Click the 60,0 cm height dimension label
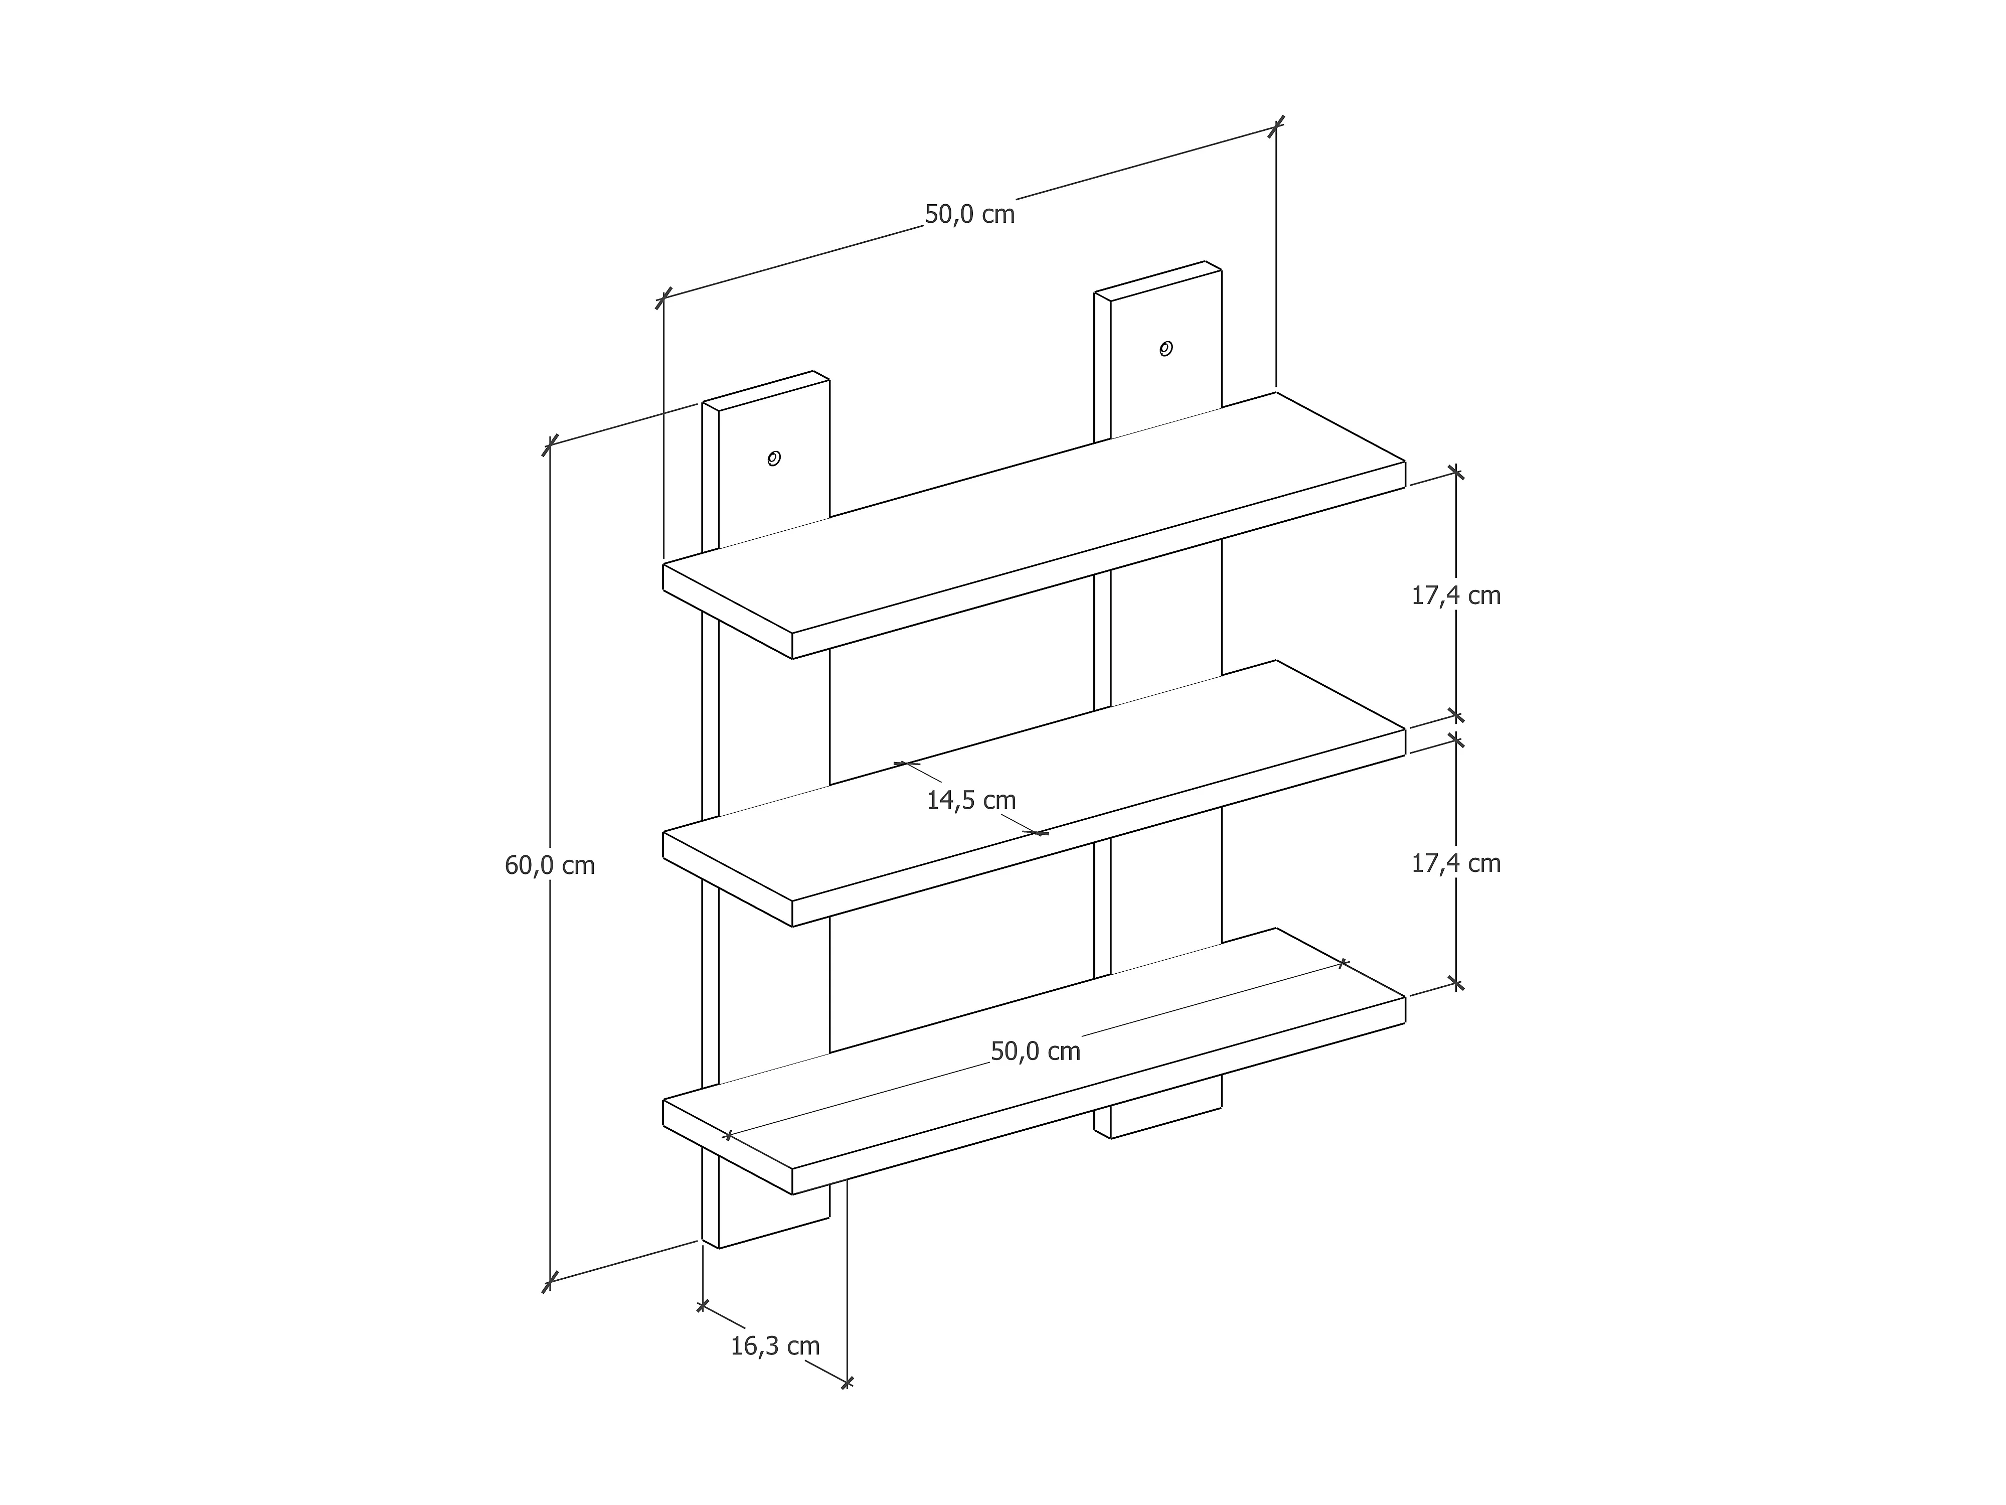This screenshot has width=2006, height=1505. point(550,865)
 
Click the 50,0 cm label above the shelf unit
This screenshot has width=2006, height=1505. point(969,215)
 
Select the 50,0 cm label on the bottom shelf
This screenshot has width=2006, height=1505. point(1035,1051)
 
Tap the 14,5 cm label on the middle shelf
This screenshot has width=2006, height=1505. point(970,800)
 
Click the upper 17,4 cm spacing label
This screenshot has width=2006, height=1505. point(1455,596)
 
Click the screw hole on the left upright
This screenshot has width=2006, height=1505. point(773,458)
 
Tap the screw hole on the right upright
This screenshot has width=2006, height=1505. point(1166,348)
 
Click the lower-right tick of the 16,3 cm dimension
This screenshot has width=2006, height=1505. point(846,1384)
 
